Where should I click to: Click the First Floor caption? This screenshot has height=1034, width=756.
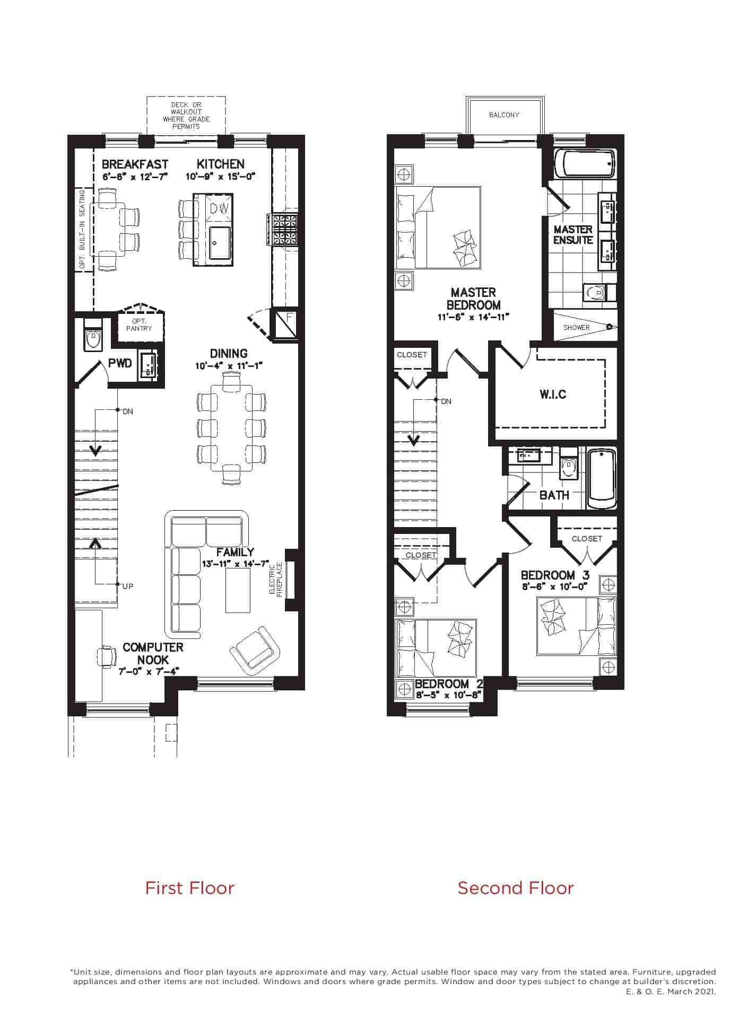189,888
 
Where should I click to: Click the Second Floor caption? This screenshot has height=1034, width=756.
516,888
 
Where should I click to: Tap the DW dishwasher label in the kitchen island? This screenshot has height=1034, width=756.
219,209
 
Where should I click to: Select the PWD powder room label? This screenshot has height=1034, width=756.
120,363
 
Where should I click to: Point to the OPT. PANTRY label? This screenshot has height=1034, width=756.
139,325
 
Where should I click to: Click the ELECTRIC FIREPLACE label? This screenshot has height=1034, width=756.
276,580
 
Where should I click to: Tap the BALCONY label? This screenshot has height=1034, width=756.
504,115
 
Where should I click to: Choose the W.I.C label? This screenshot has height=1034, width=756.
553,394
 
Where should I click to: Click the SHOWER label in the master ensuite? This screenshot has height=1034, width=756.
577,327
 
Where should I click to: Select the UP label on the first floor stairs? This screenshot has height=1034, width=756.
128,586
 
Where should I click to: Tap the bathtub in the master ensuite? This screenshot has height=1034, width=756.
585,163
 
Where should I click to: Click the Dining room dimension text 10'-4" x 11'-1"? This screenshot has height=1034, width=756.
229,366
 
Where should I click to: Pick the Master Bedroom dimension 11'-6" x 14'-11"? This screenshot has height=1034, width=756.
473,317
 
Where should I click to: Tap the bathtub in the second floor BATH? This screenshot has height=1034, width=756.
602,479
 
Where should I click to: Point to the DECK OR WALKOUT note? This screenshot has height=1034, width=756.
186,116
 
